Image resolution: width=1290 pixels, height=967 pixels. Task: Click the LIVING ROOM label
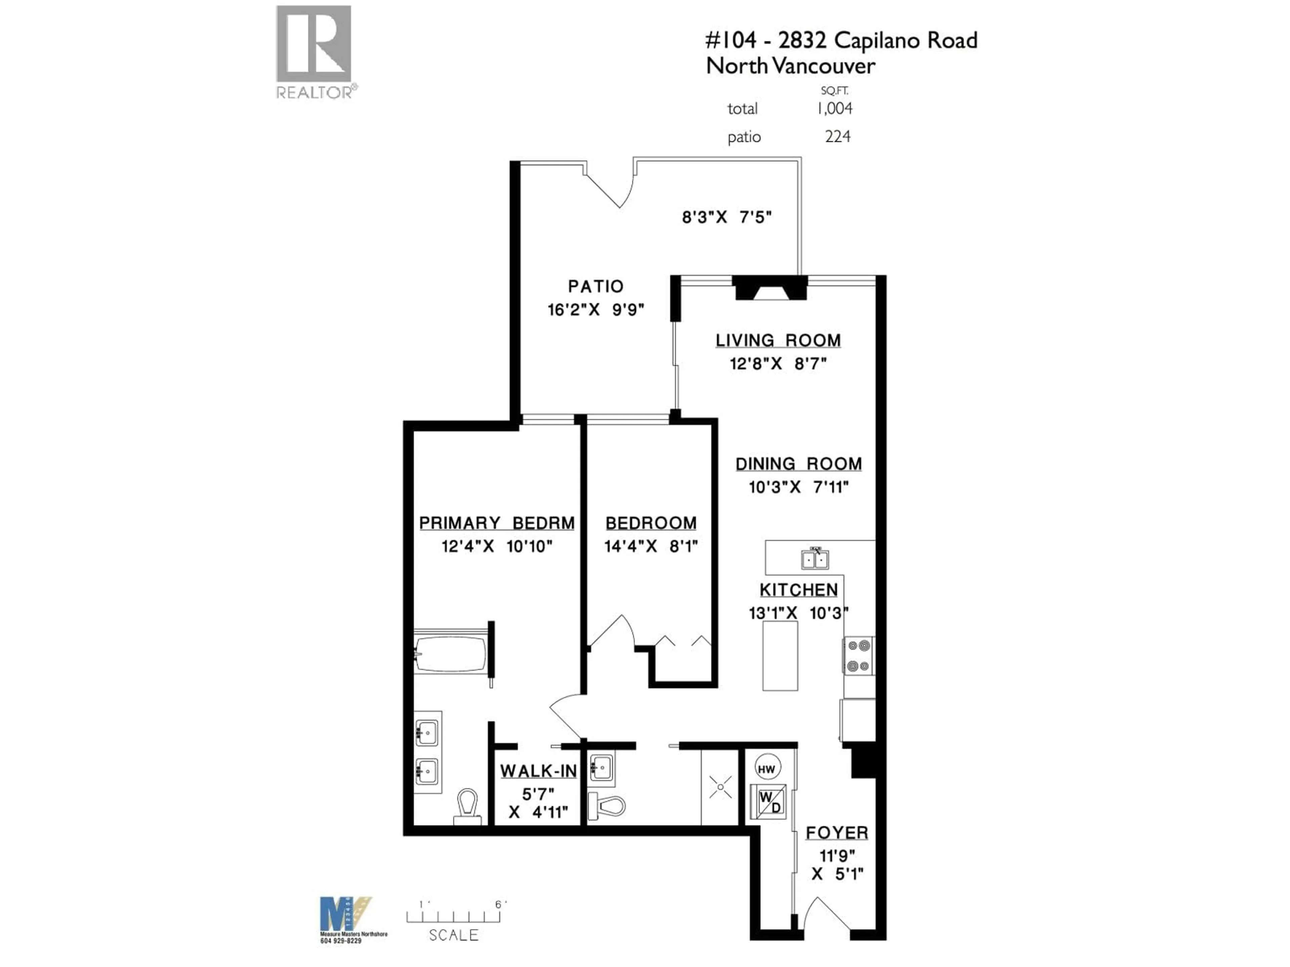(778, 340)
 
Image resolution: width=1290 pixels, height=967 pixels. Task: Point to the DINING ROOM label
(799, 464)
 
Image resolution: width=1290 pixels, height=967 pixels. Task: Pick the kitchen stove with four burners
(858, 656)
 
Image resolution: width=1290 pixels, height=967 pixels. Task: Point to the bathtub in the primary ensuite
(450, 654)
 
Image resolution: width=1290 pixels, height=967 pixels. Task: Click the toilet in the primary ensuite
(467, 807)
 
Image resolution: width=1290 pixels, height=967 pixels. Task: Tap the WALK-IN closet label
(538, 771)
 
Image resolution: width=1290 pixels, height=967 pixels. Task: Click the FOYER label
(837, 833)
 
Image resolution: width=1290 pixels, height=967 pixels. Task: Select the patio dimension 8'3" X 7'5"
(727, 218)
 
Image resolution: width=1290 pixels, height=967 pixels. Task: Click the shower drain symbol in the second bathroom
(721, 787)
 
